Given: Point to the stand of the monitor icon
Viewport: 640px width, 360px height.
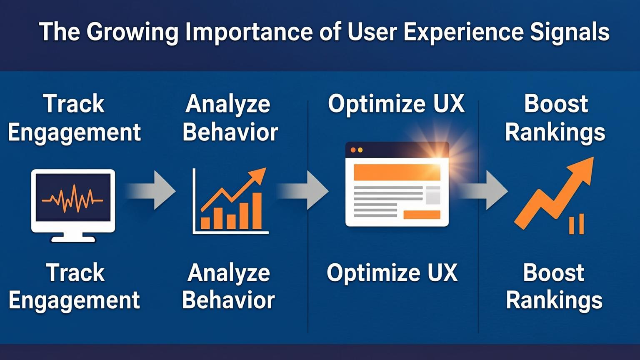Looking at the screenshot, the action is click(x=73, y=237).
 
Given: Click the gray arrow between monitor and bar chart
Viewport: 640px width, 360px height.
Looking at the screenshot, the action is click(x=150, y=190).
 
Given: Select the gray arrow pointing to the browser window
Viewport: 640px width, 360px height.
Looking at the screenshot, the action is click(x=303, y=190).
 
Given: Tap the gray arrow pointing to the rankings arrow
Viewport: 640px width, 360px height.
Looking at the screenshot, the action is click(x=483, y=190).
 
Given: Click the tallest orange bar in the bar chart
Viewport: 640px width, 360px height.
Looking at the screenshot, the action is click(x=257, y=211).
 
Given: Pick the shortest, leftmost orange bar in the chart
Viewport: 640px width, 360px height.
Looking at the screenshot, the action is click(x=205, y=223).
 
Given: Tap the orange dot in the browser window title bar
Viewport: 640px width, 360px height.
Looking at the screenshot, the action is click(x=353, y=150).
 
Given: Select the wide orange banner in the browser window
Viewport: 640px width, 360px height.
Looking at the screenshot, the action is click(x=397, y=172).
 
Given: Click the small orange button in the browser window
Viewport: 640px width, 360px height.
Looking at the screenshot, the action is click(x=422, y=215).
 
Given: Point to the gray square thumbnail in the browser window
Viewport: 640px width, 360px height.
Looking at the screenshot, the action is click(x=433, y=195).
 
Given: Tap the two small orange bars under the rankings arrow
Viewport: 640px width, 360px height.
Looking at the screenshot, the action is click(x=576, y=224).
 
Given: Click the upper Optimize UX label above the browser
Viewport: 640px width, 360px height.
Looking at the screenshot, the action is click(x=396, y=104).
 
